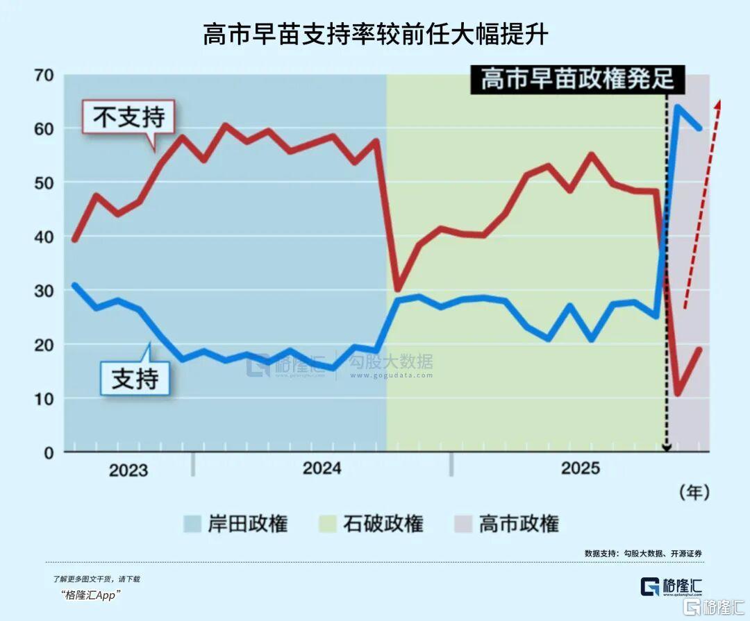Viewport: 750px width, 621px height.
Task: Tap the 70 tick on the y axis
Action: (x=44, y=74)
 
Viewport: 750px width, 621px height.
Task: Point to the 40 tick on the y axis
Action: (x=44, y=237)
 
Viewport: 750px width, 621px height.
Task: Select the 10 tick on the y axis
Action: (x=44, y=398)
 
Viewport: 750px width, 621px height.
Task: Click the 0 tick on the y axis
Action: (x=49, y=452)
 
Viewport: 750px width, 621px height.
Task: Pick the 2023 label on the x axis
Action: (x=128, y=470)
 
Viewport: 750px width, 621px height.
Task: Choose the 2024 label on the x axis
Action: (x=322, y=468)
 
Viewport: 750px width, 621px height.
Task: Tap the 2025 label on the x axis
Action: (x=580, y=468)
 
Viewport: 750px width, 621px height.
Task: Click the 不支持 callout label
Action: (x=128, y=117)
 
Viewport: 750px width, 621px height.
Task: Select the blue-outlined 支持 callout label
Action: (x=135, y=379)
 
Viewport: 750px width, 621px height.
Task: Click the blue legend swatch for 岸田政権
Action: (x=192, y=524)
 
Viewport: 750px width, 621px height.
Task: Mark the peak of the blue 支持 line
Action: (x=678, y=106)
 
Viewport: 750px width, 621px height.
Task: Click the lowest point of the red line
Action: (x=677, y=394)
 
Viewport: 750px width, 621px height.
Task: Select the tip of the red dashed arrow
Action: (x=719, y=101)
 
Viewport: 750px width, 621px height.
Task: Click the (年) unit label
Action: (x=694, y=493)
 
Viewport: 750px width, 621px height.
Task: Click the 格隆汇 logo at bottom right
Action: (x=671, y=586)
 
